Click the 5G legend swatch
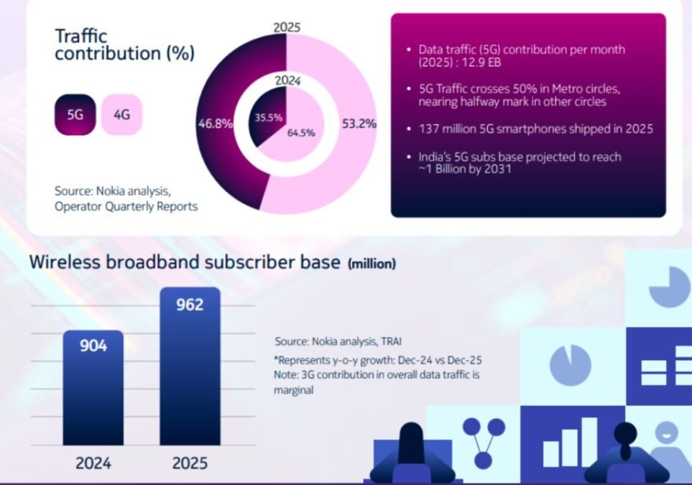(x=75, y=115)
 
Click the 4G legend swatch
(x=122, y=115)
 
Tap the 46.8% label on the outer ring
(x=216, y=124)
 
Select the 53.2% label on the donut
(x=359, y=124)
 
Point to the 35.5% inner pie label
(x=268, y=118)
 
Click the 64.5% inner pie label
(x=301, y=132)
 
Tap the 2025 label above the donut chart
(x=287, y=27)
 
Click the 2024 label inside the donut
(x=287, y=80)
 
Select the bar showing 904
(x=93, y=387)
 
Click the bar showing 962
(x=190, y=366)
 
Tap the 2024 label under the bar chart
(x=93, y=463)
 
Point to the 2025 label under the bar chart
(x=190, y=463)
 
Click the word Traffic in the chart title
(x=81, y=36)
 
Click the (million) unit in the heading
(x=372, y=264)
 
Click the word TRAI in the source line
(x=392, y=341)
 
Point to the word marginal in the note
(x=293, y=390)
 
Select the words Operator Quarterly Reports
(x=126, y=206)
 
